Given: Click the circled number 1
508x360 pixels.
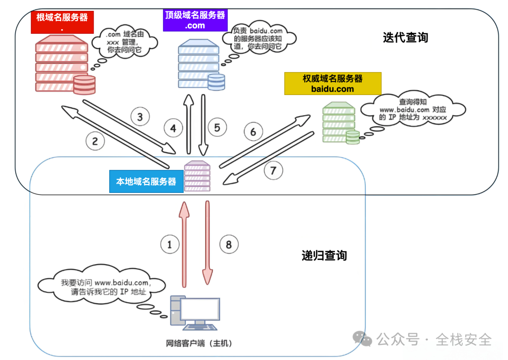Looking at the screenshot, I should pyautogui.click(x=170, y=244).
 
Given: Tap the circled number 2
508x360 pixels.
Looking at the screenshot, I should pyautogui.click(x=95, y=140).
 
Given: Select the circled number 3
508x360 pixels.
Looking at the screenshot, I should pyautogui.click(x=140, y=116).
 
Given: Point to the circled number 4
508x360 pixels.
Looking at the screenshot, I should pyautogui.click(x=173, y=128).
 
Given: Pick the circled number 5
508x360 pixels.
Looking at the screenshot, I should pyautogui.click(x=217, y=128).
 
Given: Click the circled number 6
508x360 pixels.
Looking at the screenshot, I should pyautogui.click(x=253, y=132).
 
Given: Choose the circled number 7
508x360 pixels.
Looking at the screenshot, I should pyautogui.click(x=273, y=170).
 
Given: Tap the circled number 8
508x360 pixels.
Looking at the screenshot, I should pyautogui.click(x=229, y=244).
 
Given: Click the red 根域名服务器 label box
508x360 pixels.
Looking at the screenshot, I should pyautogui.click(x=62, y=22).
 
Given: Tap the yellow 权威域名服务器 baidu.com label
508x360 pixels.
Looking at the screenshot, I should pyautogui.click(x=333, y=83).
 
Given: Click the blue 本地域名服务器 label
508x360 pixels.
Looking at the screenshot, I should pyautogui.click(x=146, y=181).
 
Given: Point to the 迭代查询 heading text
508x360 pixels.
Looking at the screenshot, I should pyautogui.click(x=405, y=38).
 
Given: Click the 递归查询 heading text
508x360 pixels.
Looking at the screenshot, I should pyautogui.click(x=324, y=256).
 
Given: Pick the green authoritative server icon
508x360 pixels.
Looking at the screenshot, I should pyautogui.click(x=340, y=124).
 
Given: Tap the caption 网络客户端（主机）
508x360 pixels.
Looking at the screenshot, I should pyautogui.click(x=199, y=343).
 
